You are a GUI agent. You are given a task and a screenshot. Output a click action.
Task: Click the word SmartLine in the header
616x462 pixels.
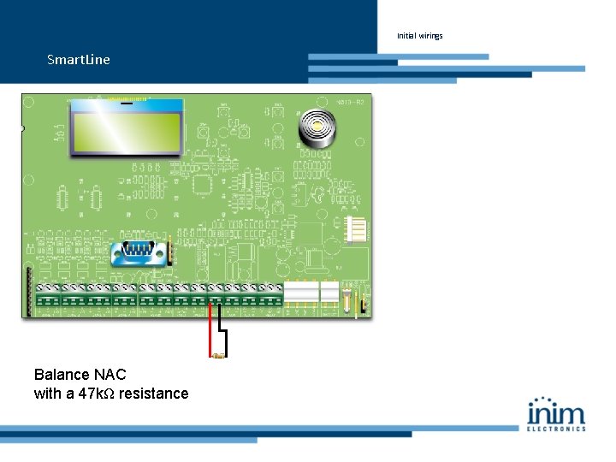click(79, 60)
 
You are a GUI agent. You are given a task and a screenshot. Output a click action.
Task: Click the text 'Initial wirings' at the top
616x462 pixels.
click(420, 36)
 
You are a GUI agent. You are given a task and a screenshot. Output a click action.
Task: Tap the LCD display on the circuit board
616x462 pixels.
click(127, 129)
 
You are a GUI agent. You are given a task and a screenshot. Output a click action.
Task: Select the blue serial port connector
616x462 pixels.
click(139, 251)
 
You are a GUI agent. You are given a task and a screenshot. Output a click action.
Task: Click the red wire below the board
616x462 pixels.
click(210, 330)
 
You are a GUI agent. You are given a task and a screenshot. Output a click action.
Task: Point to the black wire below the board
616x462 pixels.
click(225, 334)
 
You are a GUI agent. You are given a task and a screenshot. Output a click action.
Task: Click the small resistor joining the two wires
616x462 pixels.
click(218, 354)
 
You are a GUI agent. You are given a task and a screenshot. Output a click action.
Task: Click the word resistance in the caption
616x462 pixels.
click(154, 394)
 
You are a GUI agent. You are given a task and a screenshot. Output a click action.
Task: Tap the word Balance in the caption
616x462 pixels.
click(61, 375)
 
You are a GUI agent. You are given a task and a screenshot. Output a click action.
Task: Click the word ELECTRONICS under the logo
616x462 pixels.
click(556, 428)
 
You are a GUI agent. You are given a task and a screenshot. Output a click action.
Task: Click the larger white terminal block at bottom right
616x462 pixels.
click(300, 293)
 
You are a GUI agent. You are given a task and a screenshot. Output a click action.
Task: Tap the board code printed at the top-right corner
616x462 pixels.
click(355, 101)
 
